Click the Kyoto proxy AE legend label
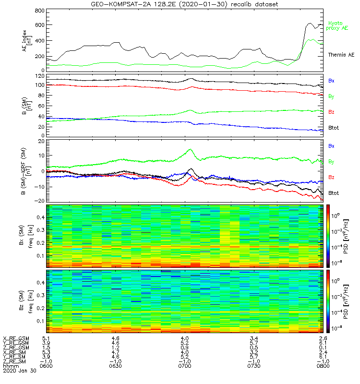click(x=338, y=25)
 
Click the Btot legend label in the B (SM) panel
click(x=334, y=129)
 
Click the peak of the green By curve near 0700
click(x=190, y=149)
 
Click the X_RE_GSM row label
click(x=16, y=338)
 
